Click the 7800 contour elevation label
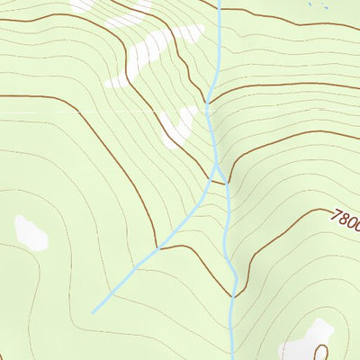[x=345, y=220]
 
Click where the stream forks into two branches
[x=216, y=168]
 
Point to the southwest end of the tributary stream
[x=93, y=312]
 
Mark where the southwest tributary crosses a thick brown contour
[x=160, y=246]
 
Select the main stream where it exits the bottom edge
[x=232, y=357]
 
